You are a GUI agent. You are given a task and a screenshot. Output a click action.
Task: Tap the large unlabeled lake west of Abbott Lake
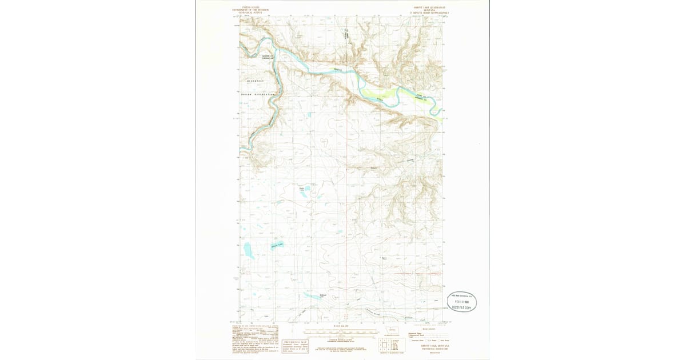click(x=249, y=250)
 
